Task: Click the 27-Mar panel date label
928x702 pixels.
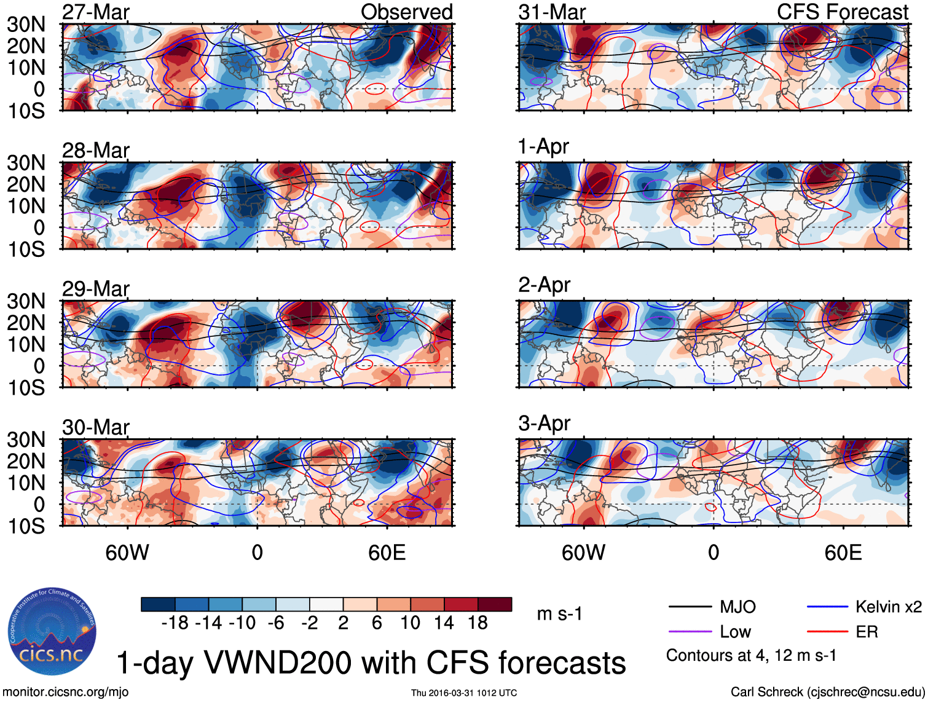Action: [x=96, y=12]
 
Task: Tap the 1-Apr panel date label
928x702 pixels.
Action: [x=543, y=147]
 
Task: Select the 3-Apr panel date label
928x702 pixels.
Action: [x=544, y=424]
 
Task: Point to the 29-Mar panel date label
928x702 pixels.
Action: [x=96, y=289]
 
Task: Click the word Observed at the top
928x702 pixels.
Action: [x=406, y=12]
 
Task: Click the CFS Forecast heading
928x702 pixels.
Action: [x=842, y=12]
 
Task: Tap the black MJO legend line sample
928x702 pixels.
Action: [x=690, y=607]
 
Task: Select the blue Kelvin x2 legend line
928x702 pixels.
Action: [x=827, y=607]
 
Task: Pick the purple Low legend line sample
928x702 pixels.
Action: [x=690, y=632]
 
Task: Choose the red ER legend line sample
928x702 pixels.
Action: [x=827, y=632]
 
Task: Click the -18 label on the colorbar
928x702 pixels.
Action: [x=175, y=623]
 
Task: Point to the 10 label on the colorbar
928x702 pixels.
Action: [x=410, y=623]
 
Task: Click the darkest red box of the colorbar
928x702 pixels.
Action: [x=495, y=604]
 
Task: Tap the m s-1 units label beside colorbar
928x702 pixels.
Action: [x=559, y=614]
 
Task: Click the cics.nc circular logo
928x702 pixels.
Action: [x=52, y=631]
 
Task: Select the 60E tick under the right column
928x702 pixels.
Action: [x=843, y=553]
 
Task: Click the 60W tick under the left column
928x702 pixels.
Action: [x=127, y=553]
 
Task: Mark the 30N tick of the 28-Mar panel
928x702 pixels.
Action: [x=26, y=163]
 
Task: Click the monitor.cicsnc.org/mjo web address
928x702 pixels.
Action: [x=66, y=692]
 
